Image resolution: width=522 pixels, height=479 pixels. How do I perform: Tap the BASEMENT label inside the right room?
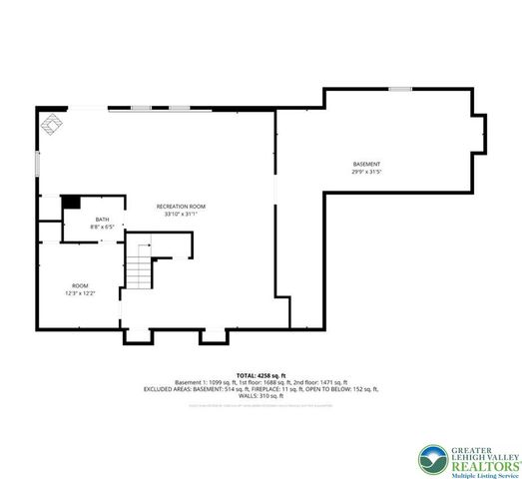[x=366, y=164]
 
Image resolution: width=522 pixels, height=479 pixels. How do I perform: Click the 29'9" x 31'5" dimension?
[x=366, y=172]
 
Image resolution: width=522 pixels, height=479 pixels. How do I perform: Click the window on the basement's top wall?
[x=399, y=90]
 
